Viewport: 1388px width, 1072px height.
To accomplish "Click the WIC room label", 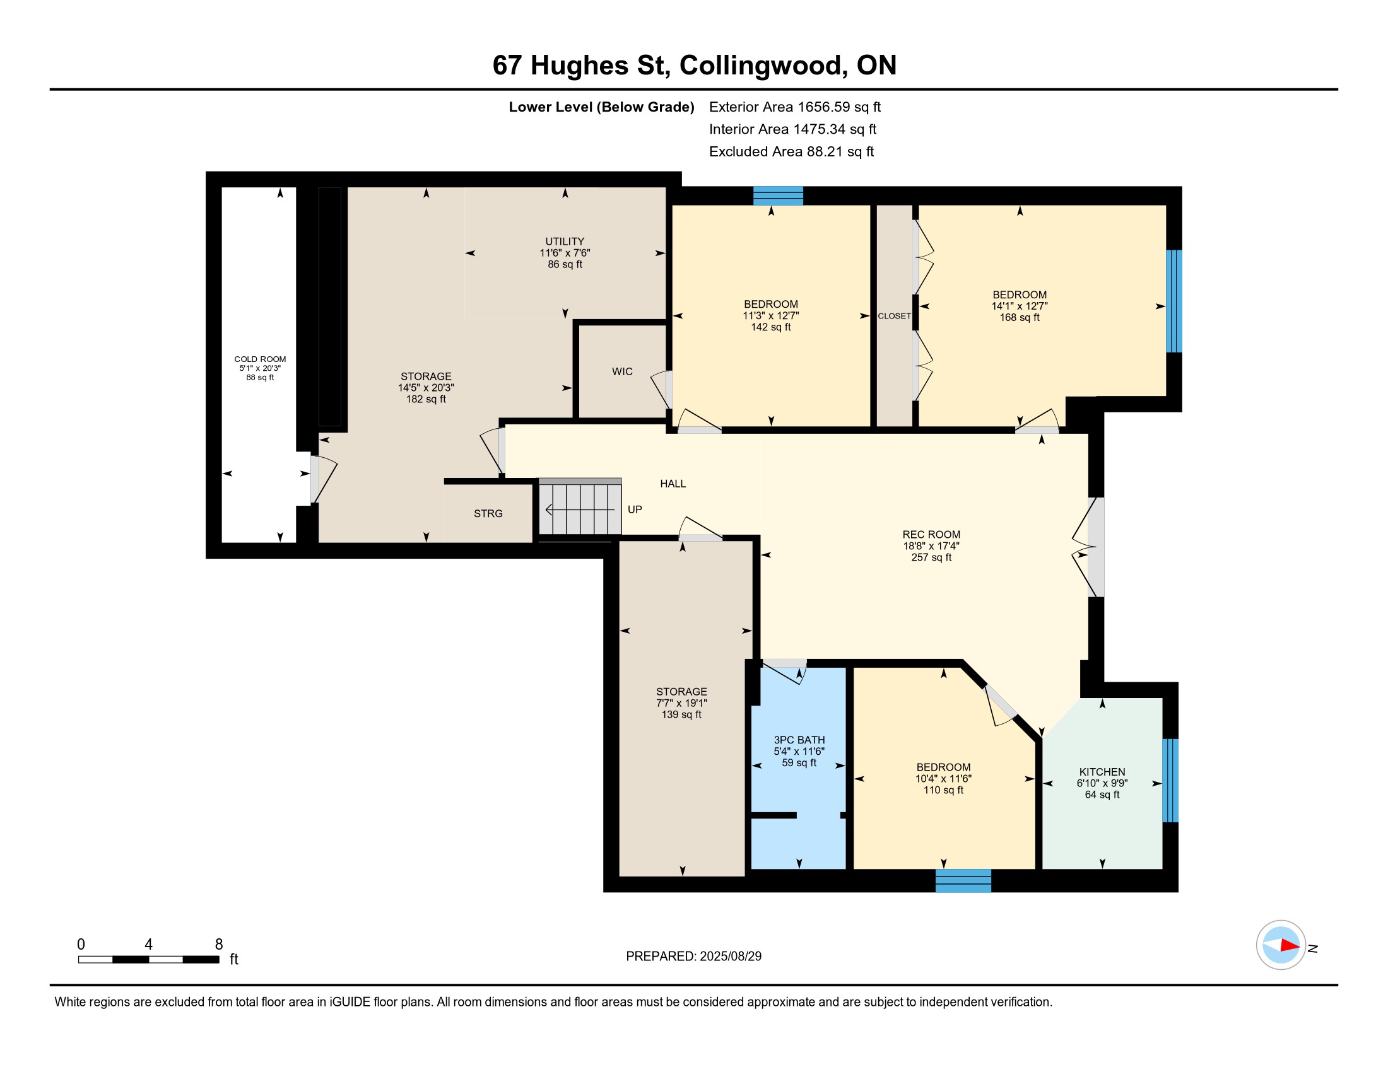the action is pyautogui.click(x=622, y=371).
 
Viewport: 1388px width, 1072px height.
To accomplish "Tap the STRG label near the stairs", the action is pyautogui.click(x=488, y=513).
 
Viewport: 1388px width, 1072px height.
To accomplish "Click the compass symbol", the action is pyautogui.click(x=1281, y=945).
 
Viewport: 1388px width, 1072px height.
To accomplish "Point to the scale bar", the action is pyautogui.click(x=149, y=959).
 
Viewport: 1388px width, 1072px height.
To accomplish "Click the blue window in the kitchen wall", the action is pyautogui.click(x=1170, y=781).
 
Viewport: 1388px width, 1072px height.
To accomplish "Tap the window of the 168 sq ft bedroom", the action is pyautogui.click(x=1174, y=301).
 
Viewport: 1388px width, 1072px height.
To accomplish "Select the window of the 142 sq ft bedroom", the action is pyautogui.click(x=778, y=195).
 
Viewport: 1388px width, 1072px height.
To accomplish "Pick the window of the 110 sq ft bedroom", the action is pyautogui.click(x=963, y=880).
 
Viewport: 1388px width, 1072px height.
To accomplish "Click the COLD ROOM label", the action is pyautogui.click(x=260, y=359).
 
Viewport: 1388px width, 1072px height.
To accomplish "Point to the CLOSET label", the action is pyautogui.click(x=894, y=316).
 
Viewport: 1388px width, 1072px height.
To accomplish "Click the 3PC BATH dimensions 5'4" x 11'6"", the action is pyautogui.click(x=799, y=751).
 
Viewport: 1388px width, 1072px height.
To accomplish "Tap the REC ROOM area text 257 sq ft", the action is pyautogui.click(x=931, y=557).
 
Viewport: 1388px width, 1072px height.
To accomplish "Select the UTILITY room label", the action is pyautogui.click(x=565, y=242).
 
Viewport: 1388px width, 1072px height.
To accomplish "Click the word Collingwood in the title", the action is pyautogui.click(x=763, y=66).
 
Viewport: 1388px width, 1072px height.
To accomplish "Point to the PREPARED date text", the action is pyautogui.click(x=693, y=956).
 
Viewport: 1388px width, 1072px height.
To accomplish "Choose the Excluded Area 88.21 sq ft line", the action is pyautogui.click(x=791, y=151).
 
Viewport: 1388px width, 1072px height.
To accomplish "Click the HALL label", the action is pyautogui.click(x=673, y=483).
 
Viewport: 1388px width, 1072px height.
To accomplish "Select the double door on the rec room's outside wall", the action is pyautogui.click(x=1088, y=547).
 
